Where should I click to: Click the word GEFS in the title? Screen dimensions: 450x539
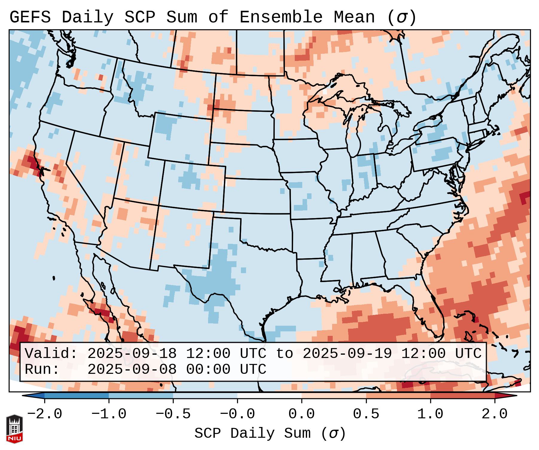tap(30, 17)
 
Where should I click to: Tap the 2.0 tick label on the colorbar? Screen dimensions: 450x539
tap(495, 414)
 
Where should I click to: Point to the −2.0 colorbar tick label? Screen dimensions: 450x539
tap(45, 414)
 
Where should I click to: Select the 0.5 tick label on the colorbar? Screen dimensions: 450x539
tap(366, 414)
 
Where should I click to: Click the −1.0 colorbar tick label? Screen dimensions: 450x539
tap(109, 414)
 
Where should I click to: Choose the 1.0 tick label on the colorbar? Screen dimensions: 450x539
tap(430, 414)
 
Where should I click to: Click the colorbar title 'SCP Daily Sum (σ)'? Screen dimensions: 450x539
tap(270, 434)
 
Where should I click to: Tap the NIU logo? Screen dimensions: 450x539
tap(14, 428)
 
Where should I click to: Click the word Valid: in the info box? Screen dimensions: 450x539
tap(51, 353)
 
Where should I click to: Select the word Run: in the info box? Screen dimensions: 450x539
tap(42, 369)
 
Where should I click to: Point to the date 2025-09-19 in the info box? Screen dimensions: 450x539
tap(347, 353)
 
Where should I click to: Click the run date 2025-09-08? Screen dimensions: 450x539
tap(132, 369)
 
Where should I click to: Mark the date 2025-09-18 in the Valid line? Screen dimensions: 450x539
tap(132, 353)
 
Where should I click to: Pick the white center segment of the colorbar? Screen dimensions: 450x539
tap(269, 396)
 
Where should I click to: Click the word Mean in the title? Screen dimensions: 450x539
tap(354, 17)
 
